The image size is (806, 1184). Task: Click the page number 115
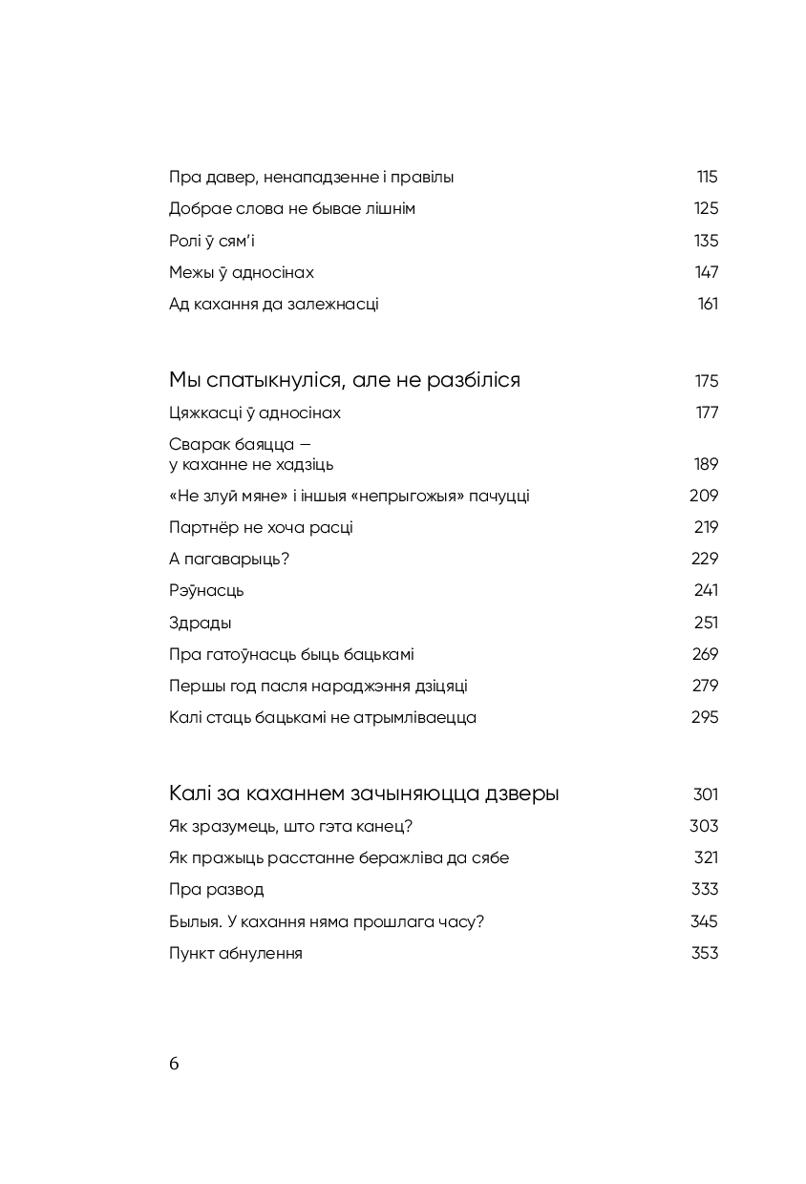pyautogui.click(x=707, y=177)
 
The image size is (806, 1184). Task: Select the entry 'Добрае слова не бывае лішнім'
pyautogui.click(x=291, y=208)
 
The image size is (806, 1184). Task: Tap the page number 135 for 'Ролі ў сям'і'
pyautogui.click(x=706, y=241)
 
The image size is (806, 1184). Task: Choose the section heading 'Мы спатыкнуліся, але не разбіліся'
pyautogui.click(x=344, y=380)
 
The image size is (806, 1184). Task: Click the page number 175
pyautogui.click(x=706, y=381)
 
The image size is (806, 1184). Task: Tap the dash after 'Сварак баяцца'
pyautogui.click(x=305, y=445)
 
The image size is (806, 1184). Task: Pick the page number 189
pyautogui.click(x=706, y=464)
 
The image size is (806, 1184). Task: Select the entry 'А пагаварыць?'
pyautogui.click(x=228, y=559)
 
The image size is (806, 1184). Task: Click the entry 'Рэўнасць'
pyautogui.click(x=206, y=590)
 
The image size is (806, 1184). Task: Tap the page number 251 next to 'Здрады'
pyautogui.click(x=706, y=623)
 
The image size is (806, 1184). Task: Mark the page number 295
pyautogui.click(x=705, y=717)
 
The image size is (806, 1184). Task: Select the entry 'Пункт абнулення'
pyautogui.click(x=235, y=953)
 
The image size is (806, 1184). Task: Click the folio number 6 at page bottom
pyautogui.click(x=174, y=1065)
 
